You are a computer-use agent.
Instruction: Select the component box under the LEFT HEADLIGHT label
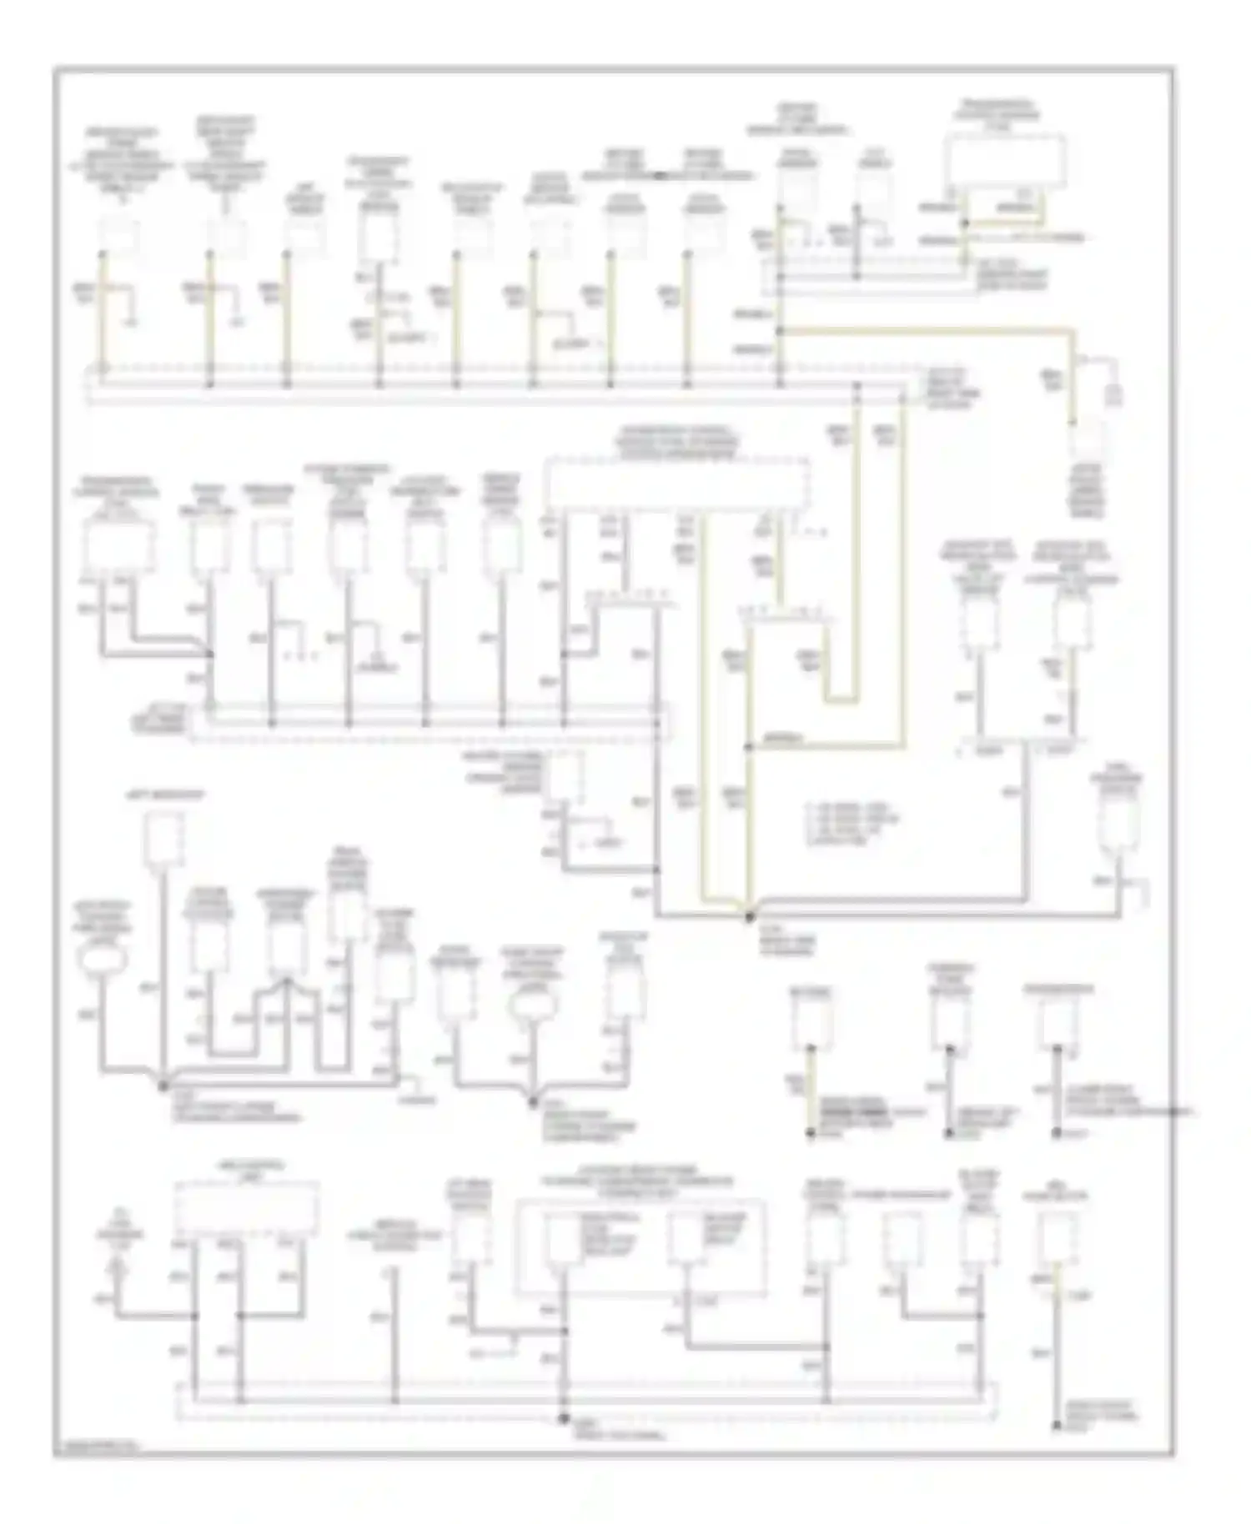point(163,837)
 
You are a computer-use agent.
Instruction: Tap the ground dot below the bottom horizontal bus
point(564,1418)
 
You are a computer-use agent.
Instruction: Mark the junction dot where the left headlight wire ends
point(163,1085)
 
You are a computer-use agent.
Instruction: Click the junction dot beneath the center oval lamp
point(533,1102)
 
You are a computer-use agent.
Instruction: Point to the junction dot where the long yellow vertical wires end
point(749,916)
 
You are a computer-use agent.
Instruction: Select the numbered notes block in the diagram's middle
point(846,825)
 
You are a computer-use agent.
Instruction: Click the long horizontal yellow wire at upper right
point(926,332)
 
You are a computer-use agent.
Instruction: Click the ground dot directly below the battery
point(810,1133)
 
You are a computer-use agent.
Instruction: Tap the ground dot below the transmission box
point(1058,1133)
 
